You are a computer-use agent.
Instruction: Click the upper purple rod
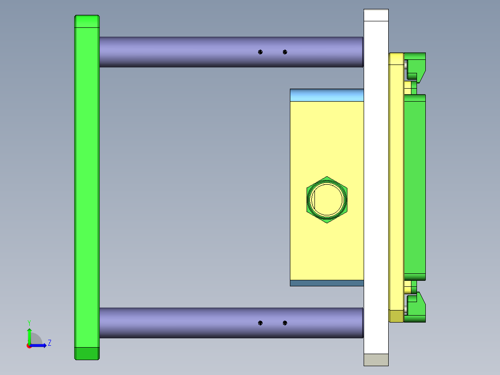click(186, 52)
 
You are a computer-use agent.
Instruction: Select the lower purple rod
click(186, 323)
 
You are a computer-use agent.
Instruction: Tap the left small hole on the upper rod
click(260, 52)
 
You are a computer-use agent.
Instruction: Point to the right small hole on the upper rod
click(285, 52)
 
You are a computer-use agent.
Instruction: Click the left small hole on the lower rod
click(260, 323)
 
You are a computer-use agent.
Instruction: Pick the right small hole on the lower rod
click(285, 323)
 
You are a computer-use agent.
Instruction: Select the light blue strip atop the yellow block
click(327, 95)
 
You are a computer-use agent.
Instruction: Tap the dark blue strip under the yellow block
click(327, 283)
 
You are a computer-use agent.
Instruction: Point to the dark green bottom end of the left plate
click(87, 353)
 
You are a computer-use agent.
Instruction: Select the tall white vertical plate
click(376, 186)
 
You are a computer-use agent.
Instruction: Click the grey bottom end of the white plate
click(376, 360)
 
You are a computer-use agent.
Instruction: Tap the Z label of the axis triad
click(49, 343)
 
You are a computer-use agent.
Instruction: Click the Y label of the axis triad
click(29, 323)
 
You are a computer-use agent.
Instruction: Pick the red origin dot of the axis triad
click(29, 346)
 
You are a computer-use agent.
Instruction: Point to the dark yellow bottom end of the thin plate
click(396, 317)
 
